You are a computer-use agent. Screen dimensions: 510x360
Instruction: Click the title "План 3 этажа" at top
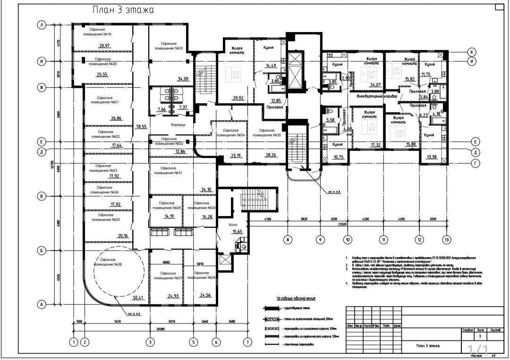[123, 9]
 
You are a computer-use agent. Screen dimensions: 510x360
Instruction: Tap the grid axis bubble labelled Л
[42, 25]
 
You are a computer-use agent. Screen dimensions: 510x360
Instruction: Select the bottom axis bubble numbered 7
[246, 343]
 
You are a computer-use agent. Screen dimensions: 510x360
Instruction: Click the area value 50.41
[138, 298]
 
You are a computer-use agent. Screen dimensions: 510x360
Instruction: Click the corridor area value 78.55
[141, 127]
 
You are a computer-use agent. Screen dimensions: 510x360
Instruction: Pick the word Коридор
[175, 125]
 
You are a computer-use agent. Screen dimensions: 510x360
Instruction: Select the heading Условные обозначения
[296, 299]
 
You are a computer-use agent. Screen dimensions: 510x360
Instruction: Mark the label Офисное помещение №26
[109, 262]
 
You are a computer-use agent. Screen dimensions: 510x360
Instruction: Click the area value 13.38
[432, 157]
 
